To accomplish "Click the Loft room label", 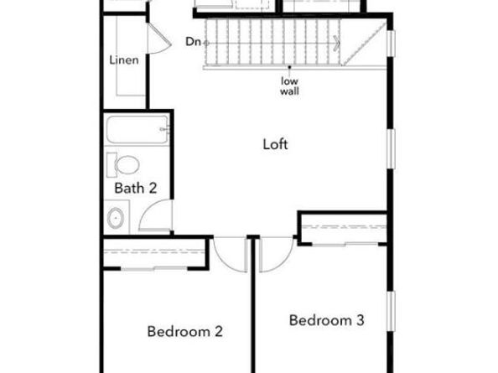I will [x=276, y=144].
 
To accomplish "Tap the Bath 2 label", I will [x=135, y=188].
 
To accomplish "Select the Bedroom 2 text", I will [x=184, y=331].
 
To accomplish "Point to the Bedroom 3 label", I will [x=327, y=319].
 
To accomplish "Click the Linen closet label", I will [x=124, y=60].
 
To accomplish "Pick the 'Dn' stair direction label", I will [x=192, y=41].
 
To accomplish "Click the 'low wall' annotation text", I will [x=290, y=85].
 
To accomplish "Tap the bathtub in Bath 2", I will [x=137, y=131].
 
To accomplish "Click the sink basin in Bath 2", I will [x=116, y=219].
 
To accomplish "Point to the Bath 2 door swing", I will [x=155, y=216].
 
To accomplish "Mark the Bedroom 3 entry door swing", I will [x=275, y=252].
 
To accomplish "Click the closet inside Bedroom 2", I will [x=154, y=253].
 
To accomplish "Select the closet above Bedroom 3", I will [x=344, y=229].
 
